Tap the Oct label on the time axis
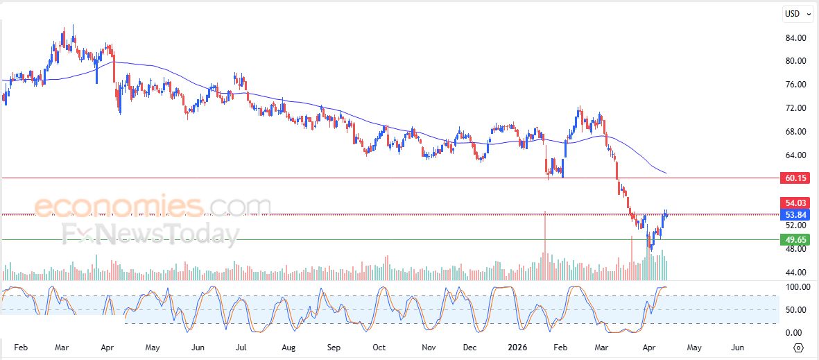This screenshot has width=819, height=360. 379,347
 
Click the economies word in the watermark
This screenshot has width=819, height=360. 118,206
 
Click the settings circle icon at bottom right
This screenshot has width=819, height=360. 799,348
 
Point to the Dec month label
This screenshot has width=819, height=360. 470,347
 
